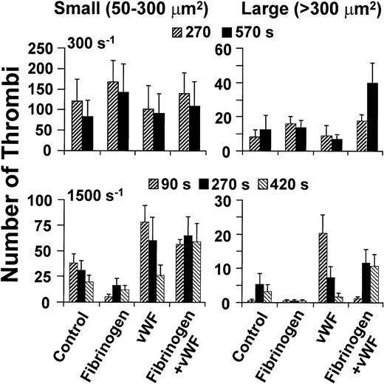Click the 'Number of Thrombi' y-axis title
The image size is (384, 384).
pos(16,199)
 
